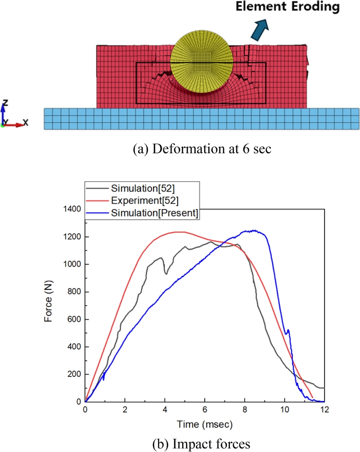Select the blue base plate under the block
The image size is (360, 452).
pos(201,119)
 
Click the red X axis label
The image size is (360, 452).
pos(26,122)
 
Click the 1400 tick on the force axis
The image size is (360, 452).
pos(71,209)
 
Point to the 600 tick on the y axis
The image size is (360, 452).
pos(73,319)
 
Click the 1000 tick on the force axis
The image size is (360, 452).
pos(71,264)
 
